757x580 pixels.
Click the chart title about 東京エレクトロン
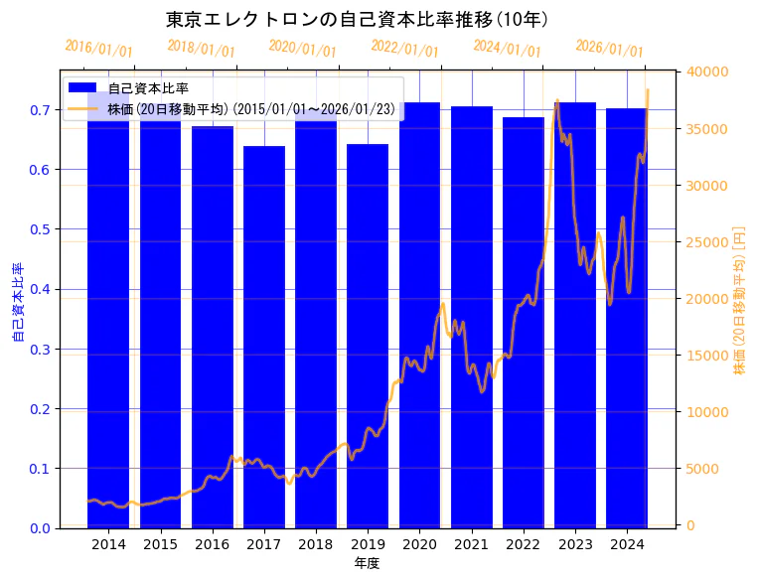click(x=357, y=19)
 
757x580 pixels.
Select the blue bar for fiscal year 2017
click(x=264, y=338)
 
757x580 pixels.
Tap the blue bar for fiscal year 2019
click(x=368, y=338)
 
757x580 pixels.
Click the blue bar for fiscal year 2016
click(x=213, y=328)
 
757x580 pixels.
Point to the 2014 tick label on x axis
click(x=108, y=544)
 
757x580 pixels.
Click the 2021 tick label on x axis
click(x=471, y=544)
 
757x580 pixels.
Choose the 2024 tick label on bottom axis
click(x=627, y=544)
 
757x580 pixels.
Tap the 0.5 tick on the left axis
click(x=39, y=229)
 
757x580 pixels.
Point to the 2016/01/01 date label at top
click(x=98, y=49)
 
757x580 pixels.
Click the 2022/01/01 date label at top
click(x=404, y=49)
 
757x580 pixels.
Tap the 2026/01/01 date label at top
click(x=609, y=49)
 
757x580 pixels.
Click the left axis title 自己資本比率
click(x=17, y=302)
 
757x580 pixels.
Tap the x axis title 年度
click(x=367, y=563)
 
